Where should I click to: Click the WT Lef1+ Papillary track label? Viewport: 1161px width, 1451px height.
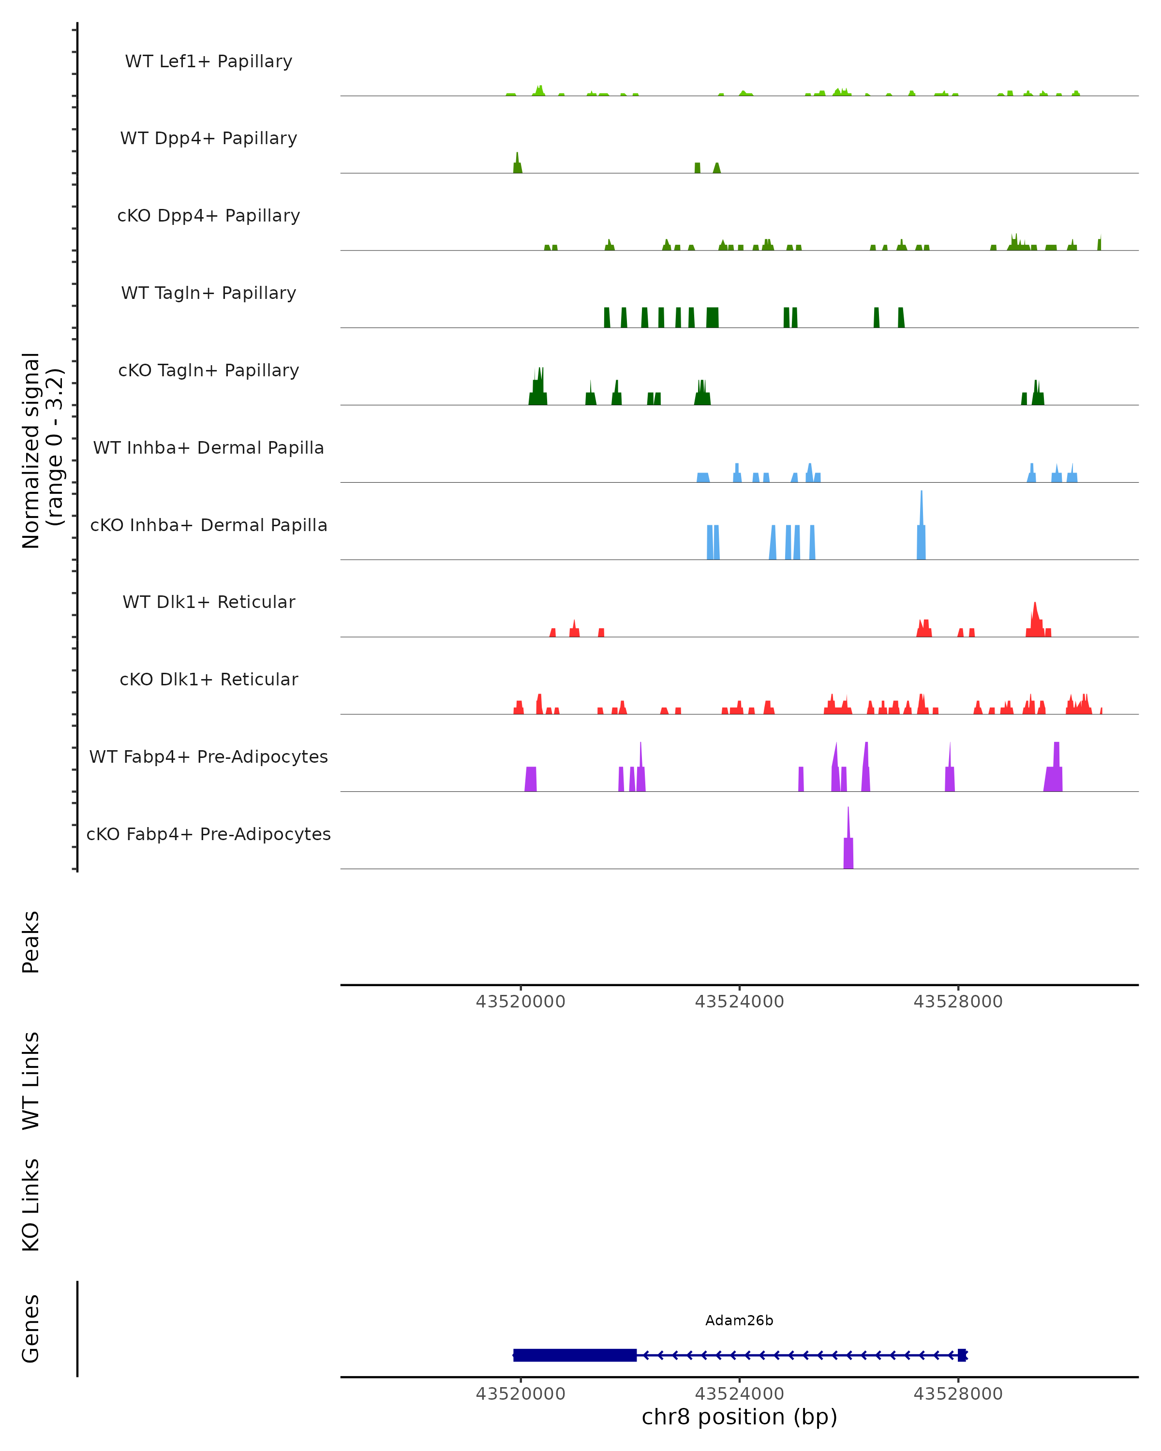pyautogui.click(x=208, y=61)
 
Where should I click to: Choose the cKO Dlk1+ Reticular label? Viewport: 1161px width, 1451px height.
pyautogui.click(x=208, y=679)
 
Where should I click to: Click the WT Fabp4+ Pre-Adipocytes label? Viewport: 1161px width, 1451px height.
pyautogui.click(x=208, y=756)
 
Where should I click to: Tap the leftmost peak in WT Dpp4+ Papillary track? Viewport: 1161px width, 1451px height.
pyautogui.click(x=518, y=165)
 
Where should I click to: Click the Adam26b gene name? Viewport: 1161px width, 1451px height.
pyautogui.click(x=739, y=1320)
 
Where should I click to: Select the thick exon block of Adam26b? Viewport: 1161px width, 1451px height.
pyautogui.click(x=575, y=1355)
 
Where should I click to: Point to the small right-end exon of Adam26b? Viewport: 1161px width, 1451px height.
pyautogui.click(x=962, y=1355)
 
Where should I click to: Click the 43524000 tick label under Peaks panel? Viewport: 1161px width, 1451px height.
pyautogui.click(x=739, y=1002)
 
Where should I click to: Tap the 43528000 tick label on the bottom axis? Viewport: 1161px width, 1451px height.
pyautogui.click(x=958, y=1394)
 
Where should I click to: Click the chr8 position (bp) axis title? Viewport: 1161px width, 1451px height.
pyautogui.click(x=739, y=1417)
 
